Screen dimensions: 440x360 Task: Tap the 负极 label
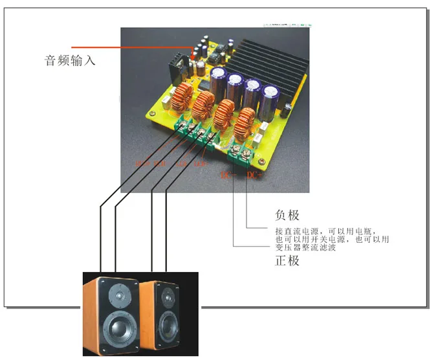click(x=287, y=214)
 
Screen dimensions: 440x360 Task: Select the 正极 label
click(x=287, y=260)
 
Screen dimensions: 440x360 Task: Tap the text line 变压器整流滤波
click(x=305, y=247)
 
